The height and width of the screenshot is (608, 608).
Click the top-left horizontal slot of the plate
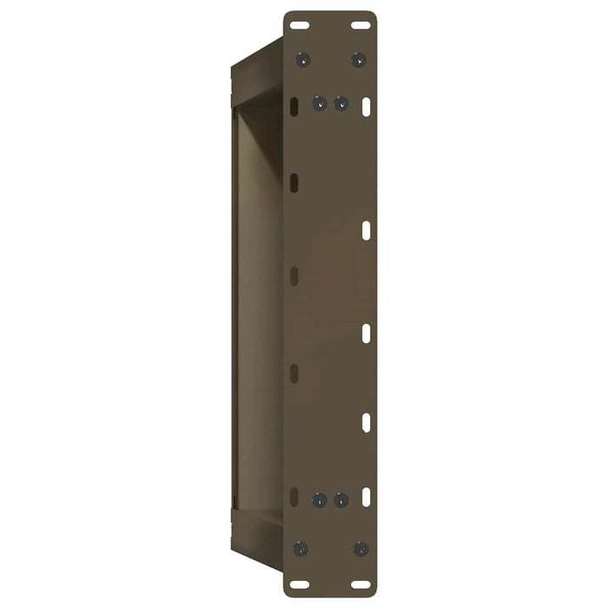[300, 25]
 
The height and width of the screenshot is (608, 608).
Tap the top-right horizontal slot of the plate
[360, 25]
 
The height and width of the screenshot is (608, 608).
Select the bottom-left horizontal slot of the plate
[300, 584]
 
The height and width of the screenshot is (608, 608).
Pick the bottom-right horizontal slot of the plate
[360, 584]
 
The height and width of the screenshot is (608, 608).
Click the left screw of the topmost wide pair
[302, 60]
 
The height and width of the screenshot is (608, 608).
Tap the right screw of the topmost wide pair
[358, 60]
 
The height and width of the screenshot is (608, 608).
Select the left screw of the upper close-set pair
[320, 104]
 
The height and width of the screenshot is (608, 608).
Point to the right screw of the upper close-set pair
[340, 104]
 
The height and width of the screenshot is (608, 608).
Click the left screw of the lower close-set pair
[320, 500]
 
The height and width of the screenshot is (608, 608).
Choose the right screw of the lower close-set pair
[340, 500]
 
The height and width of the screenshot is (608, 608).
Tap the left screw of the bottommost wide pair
[301, 549]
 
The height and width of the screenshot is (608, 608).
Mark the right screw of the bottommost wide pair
[360, 549]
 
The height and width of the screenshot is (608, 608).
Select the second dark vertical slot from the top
[294, 182]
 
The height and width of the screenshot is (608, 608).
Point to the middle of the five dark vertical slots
[294, 276]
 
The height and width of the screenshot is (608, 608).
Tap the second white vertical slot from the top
[366, 231]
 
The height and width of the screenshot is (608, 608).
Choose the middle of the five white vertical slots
[366, 333]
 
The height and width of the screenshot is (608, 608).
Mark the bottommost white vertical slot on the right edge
[366, 496]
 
